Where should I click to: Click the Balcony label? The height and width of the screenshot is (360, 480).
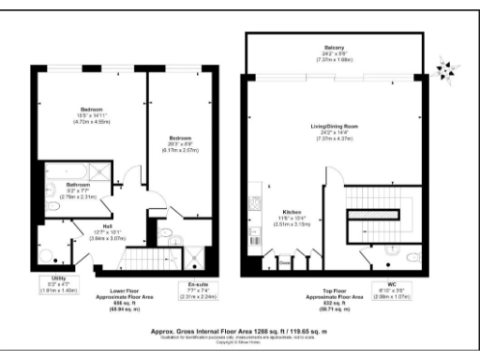tap(335, 50)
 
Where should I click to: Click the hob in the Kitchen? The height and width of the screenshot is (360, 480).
tap(254, 202)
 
